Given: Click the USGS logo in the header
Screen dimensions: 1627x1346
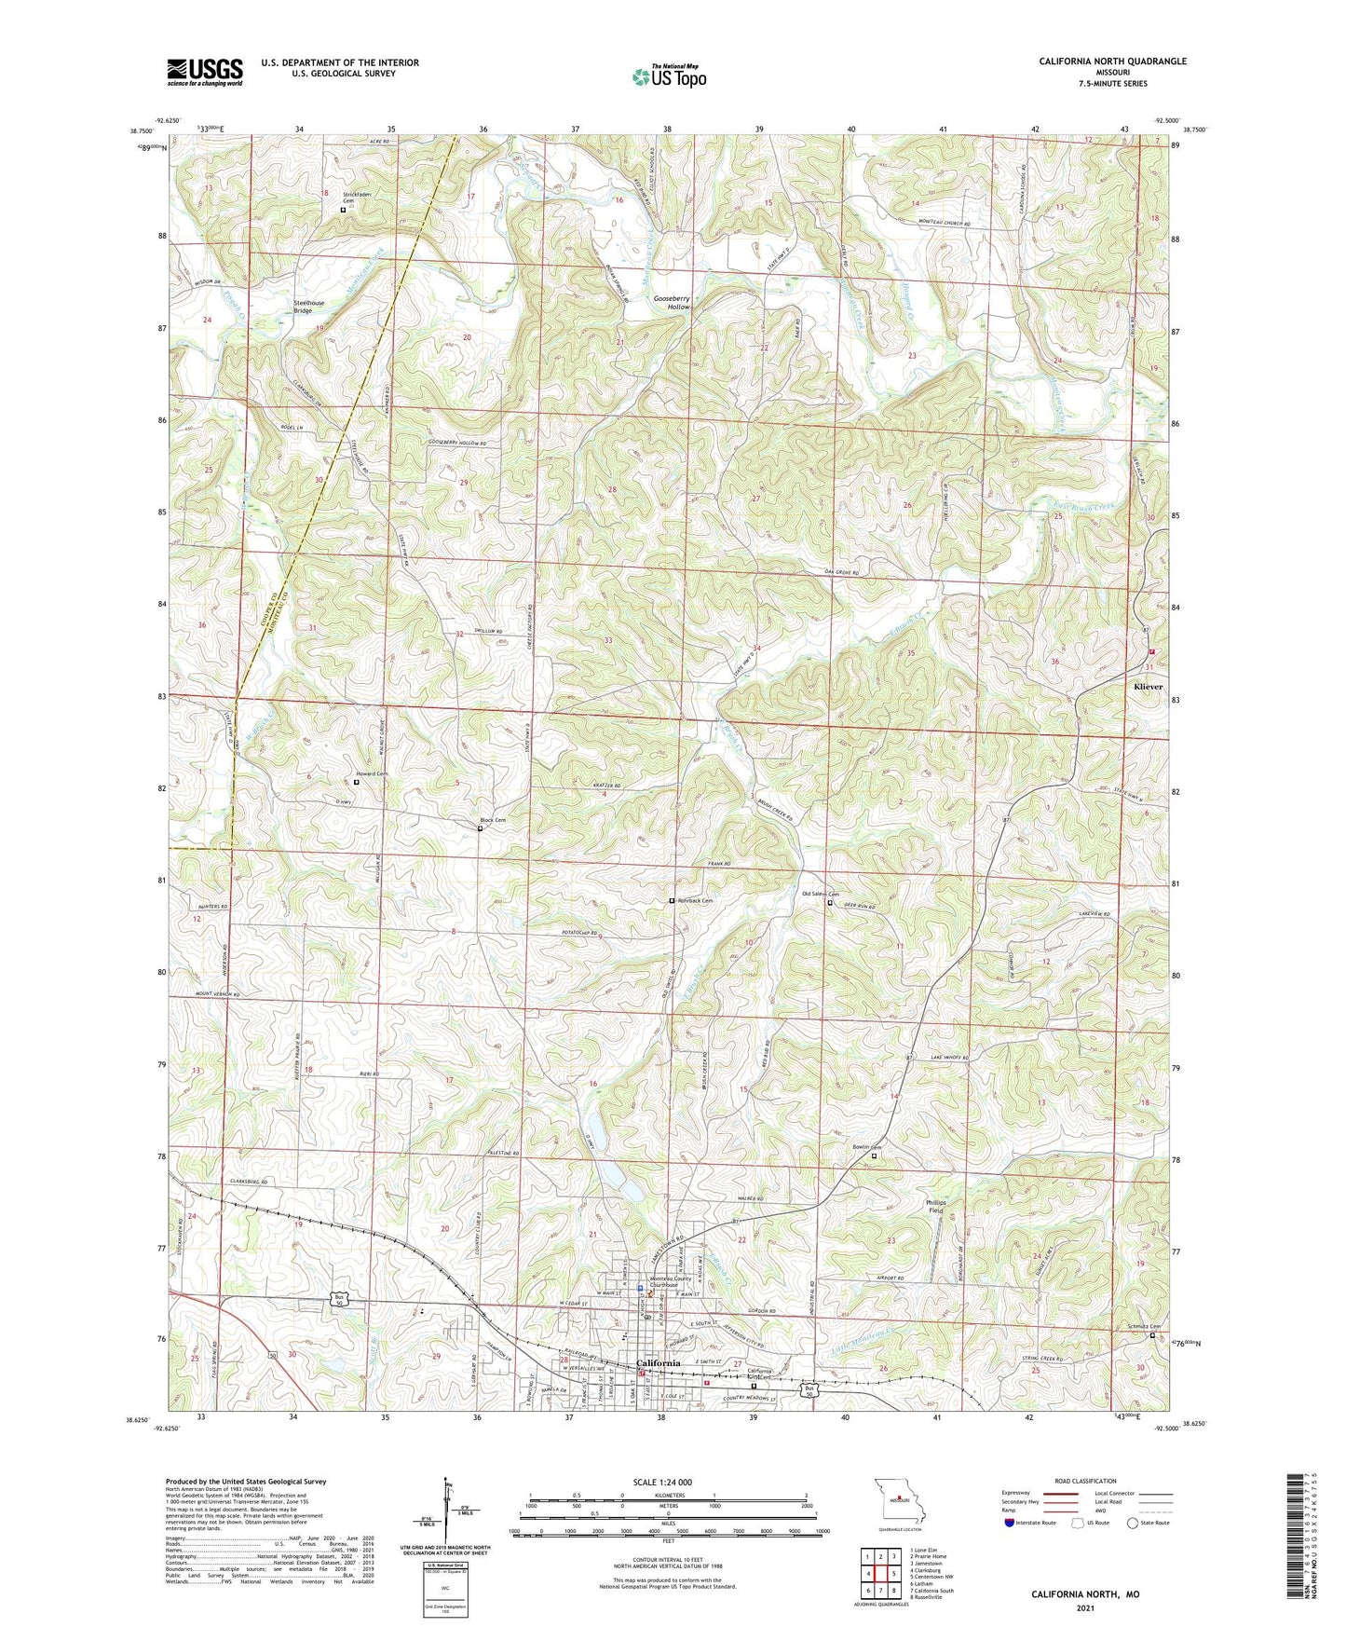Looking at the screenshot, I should pos(205,72).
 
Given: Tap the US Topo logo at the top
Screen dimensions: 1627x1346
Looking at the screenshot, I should pos(668,76).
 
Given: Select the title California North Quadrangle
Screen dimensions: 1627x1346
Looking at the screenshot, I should pos(1113,62).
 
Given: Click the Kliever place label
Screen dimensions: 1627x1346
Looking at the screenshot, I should pos(1148,687).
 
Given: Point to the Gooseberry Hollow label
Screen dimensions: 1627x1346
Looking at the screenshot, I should pos(672,302).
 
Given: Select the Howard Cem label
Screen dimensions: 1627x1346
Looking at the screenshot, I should pos(372,773).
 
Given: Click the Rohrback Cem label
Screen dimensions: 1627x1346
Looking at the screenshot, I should pos(695,901).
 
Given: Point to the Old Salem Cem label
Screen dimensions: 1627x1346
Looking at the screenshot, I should pos(821,894).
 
